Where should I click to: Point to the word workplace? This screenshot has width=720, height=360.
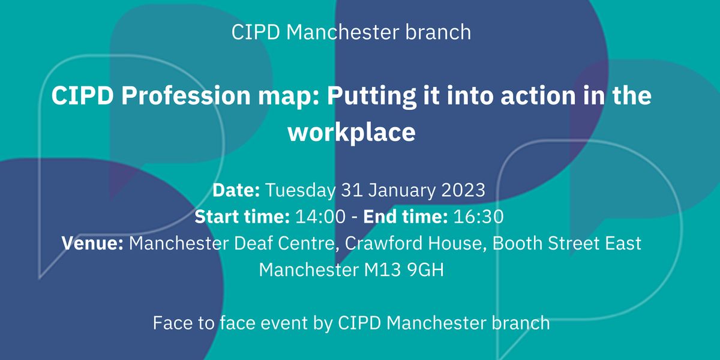(352, 133)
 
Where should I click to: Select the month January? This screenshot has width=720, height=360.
(401, 190)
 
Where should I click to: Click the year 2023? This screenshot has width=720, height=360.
(463, 190)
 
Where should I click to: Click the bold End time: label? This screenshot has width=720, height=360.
(405, 217)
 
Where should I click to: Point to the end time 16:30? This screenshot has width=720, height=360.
(478, 217)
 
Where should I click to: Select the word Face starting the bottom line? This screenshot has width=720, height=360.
(172, 323)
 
